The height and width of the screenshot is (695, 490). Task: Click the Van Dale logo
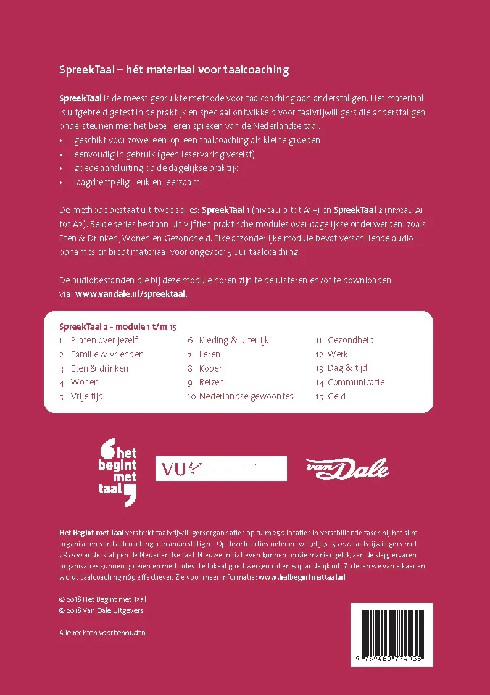(x=347, y=469)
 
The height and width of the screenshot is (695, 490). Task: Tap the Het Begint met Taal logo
(x=118, y=472)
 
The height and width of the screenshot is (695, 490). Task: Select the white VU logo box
(x=220, y=468)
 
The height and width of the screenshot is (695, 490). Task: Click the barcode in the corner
(x=392, y=635)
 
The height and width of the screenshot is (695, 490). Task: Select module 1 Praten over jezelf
(x=104, y=340)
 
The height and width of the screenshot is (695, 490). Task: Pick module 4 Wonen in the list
(x=85, y=382)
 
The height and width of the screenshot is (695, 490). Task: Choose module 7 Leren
(x=209, y=354)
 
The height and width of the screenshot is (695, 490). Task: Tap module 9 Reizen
(x=211, y=382)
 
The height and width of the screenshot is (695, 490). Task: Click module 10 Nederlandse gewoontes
(x=246, y=396)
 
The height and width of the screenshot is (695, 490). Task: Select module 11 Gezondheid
(x=351, y=340)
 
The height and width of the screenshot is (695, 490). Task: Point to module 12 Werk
(x=338, y=354)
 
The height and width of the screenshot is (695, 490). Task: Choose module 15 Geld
(x=336, y=396)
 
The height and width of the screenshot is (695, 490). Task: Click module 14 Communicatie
(x=355, y=382)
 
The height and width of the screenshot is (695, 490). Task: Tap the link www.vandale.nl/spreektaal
(x=131, y=294)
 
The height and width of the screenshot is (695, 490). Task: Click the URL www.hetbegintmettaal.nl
(x=302, y=577)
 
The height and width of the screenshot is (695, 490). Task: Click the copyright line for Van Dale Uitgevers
(x=101, y=610)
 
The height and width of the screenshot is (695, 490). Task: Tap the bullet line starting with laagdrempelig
(x=136, y=182)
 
